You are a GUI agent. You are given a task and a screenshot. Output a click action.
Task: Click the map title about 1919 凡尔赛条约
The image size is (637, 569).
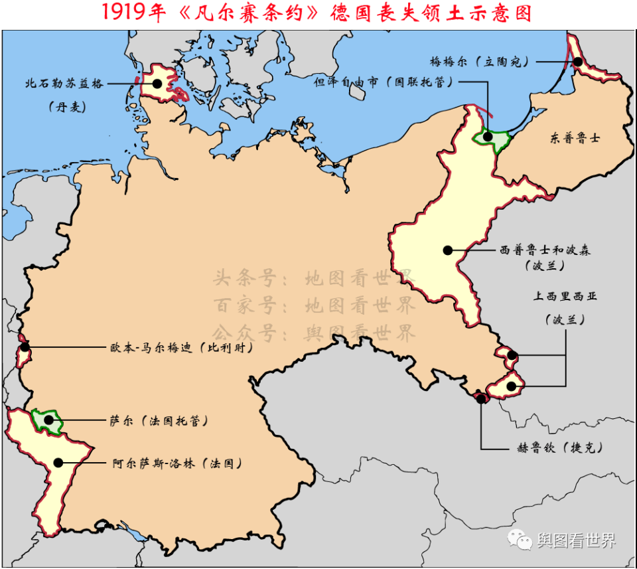[318, 13]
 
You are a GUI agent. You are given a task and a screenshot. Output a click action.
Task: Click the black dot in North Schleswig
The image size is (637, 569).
[157, 84]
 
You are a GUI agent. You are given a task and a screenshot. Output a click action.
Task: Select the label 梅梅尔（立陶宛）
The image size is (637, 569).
[479, 62]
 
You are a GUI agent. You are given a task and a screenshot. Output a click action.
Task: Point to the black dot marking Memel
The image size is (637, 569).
[579, 62]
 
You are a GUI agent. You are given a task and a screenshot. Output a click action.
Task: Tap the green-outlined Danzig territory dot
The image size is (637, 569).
[488, 137]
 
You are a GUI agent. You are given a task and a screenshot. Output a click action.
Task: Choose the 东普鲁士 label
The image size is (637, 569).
[575, 139]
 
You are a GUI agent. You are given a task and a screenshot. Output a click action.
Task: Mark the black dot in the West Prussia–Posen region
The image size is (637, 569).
[448, 250]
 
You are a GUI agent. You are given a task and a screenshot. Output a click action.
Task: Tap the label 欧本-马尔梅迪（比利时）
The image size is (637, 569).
[180, 347]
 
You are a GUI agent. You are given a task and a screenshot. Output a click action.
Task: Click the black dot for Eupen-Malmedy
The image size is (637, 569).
[25, 347]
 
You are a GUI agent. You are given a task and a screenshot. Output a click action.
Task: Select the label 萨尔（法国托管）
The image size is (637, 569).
[158, 420]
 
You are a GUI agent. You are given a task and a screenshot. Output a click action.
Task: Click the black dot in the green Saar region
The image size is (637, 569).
[46, 419]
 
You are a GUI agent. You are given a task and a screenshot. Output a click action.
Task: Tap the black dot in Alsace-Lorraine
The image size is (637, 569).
[58, 463]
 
